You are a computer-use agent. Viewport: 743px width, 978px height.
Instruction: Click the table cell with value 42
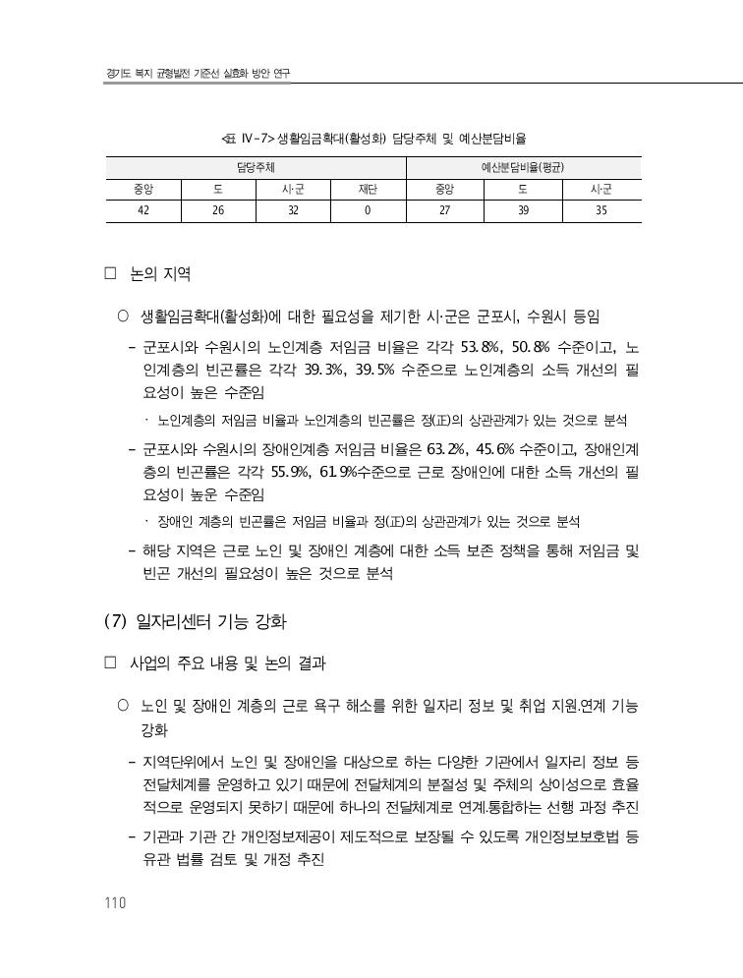point(143,210)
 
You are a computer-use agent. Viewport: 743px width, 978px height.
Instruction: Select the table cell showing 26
point(218,210)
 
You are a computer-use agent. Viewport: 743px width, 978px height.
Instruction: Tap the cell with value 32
point(293,210)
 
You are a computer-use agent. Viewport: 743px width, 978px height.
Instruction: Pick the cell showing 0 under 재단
point(367,210)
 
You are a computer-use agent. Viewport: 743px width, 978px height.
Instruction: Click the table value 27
point(445,210)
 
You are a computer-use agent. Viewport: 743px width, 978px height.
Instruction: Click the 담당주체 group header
point(256,167)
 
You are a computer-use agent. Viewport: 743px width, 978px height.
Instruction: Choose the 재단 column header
point(367,189)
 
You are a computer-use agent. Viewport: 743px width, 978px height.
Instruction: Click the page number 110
point(115,903)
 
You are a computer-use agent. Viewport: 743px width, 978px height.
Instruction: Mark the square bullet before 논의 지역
point(111,274)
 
